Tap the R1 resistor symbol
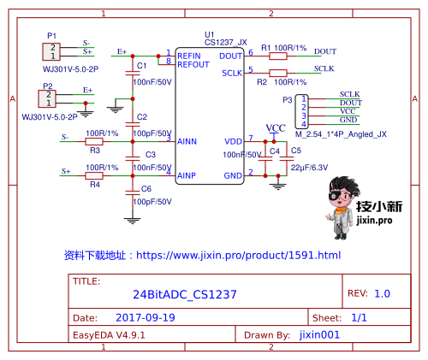278,55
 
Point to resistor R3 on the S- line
95,140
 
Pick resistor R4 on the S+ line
95,174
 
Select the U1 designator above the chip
210,35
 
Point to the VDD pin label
233,140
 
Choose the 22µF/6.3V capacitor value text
308,168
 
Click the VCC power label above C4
276,128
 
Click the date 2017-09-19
145,317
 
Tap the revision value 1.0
382,293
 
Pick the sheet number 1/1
360,317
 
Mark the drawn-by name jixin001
321,336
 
